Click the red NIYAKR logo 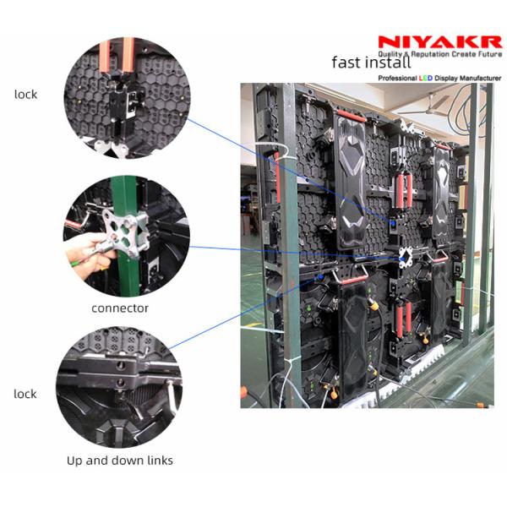439,42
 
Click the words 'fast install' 371,62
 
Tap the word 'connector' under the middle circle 120,308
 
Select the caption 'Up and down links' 120,461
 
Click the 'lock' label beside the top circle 26,95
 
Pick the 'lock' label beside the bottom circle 25,394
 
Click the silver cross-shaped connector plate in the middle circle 125,233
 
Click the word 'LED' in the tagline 426,79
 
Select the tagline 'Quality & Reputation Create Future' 440,54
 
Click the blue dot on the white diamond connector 402,259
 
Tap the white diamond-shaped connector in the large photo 406,258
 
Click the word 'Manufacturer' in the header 481,79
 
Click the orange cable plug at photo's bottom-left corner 243,392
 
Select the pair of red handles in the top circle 117,54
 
